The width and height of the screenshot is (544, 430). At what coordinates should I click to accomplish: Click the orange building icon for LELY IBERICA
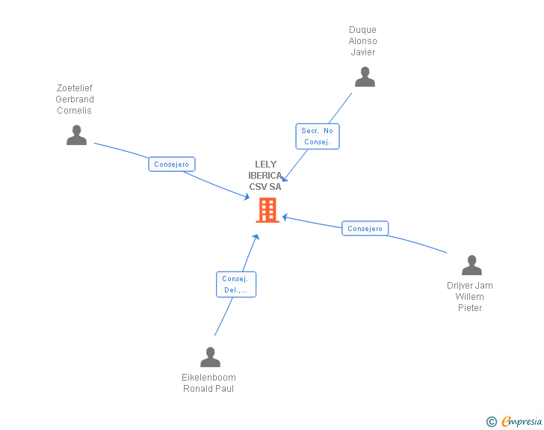tap(267, 210)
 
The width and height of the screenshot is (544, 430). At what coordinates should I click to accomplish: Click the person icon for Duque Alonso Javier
tap(365, 77)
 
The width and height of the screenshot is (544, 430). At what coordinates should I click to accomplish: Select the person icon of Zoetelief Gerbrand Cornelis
tap(76, 135)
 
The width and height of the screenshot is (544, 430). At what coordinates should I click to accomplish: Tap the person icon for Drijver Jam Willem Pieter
tap(472, 265)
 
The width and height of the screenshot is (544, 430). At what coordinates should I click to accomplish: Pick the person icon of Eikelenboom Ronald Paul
tap(210, 357)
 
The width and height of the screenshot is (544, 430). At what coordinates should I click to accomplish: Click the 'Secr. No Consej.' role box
tap(317, 136)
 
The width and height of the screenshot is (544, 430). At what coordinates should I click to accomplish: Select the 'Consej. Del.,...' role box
tap(236, 284)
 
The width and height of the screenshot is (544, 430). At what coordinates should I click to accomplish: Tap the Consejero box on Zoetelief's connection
tap(171, 164)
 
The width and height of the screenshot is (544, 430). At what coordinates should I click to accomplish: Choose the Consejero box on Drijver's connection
tap(365, 229)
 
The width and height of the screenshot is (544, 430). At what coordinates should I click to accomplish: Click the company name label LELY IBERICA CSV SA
tap(265, 176)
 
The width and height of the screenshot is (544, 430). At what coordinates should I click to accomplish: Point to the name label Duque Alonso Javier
tap(363, 41)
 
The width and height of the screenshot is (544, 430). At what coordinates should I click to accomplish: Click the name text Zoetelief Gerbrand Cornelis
tap(75, 99)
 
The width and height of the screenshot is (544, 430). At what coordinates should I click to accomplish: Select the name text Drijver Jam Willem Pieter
tap(470, 297)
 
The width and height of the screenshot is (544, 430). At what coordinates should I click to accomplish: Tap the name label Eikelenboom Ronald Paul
tap(208, 383)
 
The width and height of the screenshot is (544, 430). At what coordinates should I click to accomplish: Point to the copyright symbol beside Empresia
tap(491, 422)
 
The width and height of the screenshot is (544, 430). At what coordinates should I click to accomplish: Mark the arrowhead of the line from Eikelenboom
tap(256, 236)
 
